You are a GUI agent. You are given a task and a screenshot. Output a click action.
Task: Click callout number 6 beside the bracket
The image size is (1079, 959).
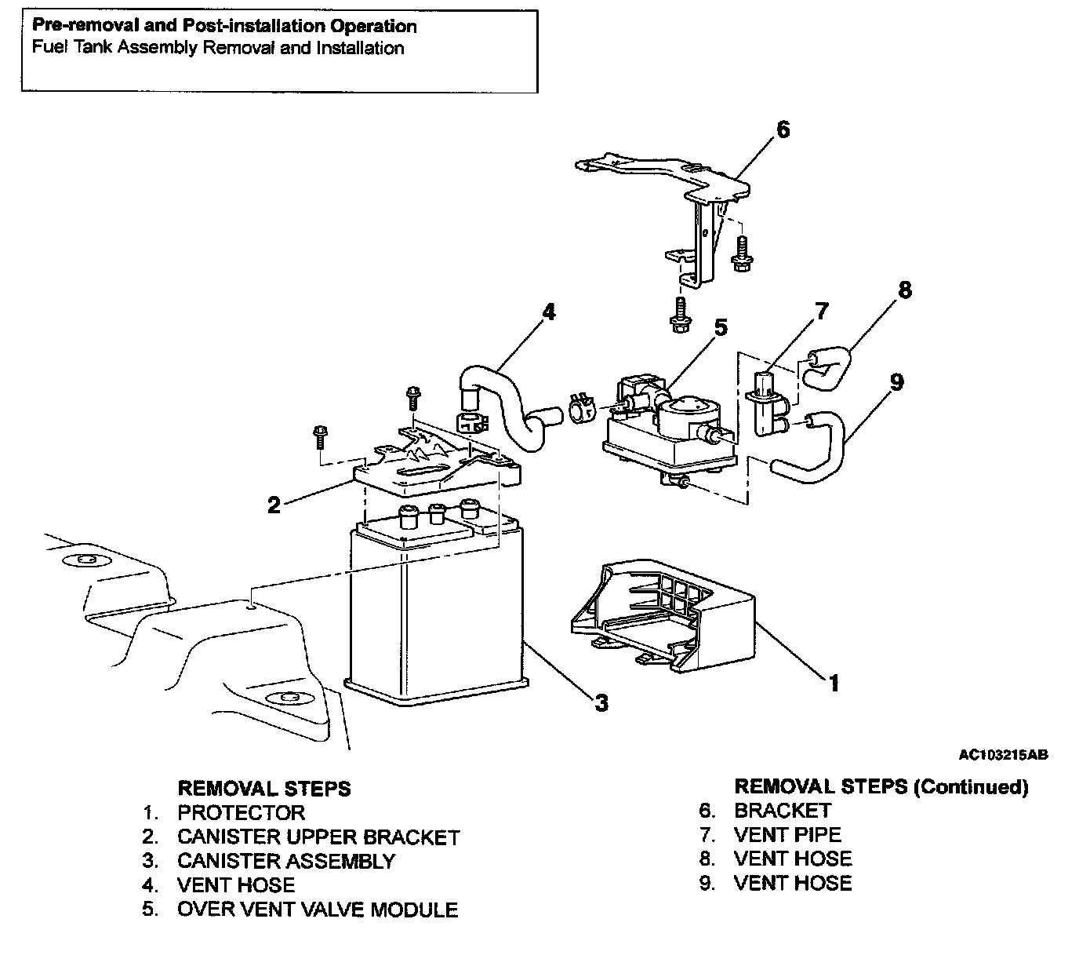783,130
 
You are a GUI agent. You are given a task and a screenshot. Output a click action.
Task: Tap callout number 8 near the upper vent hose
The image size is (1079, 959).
904,290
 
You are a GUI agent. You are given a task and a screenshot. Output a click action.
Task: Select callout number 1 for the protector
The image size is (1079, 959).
834,684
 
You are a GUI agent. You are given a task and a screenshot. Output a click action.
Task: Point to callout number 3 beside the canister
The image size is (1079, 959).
601,703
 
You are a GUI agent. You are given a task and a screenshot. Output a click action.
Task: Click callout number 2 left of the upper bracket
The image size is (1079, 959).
274,505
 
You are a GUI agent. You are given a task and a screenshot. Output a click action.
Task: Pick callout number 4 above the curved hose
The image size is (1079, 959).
549,312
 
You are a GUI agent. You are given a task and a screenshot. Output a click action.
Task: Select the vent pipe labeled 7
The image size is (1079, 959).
765,400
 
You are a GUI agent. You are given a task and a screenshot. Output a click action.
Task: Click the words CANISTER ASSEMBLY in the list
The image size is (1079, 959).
286,861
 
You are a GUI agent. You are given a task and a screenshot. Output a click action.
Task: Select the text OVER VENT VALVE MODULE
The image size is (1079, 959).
318,910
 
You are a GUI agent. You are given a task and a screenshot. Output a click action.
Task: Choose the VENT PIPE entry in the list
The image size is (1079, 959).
787,835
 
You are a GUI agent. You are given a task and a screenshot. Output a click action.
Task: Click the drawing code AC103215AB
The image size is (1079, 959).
1003,755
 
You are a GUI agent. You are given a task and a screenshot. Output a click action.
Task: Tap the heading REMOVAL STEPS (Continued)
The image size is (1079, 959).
881,786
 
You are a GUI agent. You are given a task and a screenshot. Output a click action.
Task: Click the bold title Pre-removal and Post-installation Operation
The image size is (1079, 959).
224,26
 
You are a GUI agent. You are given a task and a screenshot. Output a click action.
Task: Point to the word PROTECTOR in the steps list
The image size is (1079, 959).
241,812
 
